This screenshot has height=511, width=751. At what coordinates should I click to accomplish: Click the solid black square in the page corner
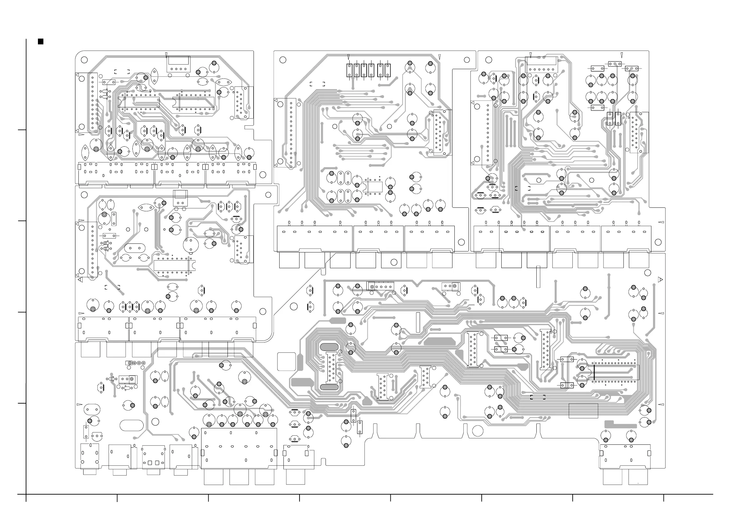point(41,41)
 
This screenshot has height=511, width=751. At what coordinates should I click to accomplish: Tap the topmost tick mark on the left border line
point(22,130)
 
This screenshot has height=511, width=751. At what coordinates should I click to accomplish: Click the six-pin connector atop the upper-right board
point(541,65)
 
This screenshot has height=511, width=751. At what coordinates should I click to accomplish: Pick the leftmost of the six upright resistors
point(349,70)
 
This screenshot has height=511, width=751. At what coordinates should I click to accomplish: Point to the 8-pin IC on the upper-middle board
point(373,187)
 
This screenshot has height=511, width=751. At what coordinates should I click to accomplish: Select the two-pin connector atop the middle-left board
point(180,198)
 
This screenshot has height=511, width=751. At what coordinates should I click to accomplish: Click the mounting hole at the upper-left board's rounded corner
point(84,60)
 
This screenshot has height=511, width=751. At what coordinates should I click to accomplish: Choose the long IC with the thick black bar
point(616,372)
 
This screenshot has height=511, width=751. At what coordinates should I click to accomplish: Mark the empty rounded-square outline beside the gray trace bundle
point(286,361)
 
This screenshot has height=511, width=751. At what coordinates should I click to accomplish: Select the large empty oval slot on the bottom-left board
point(131,425)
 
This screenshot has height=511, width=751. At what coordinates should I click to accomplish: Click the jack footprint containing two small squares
point(154,457)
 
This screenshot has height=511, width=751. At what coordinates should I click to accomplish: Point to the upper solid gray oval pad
point(329,347)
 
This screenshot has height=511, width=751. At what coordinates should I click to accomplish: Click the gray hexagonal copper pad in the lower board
point(439,342)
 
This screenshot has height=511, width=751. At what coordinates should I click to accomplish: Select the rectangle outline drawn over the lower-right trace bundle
point(583,411)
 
